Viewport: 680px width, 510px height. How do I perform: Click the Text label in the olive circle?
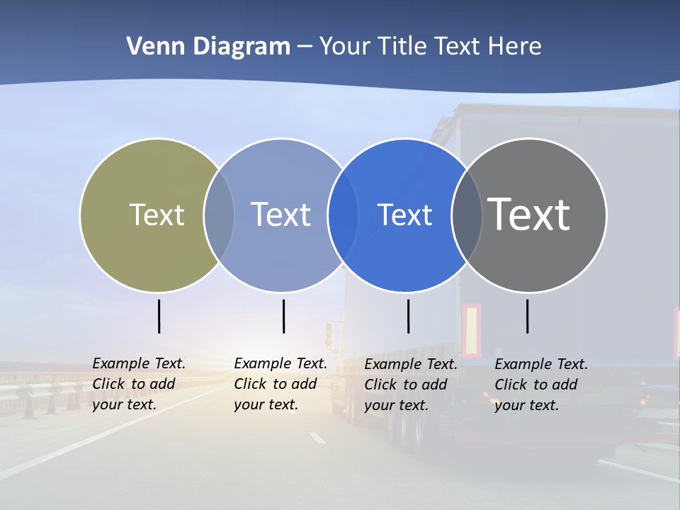point(157,215)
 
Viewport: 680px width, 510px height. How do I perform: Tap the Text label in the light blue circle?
point(281,215)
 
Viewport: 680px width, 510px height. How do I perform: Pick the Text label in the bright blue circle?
point(404,215)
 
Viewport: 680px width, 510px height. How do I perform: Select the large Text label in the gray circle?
point(529,215)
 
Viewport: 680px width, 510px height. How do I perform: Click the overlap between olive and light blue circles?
point(219,215)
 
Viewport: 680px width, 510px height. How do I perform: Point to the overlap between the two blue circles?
point(343,215)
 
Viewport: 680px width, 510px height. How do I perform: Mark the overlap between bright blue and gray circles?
point(467,215)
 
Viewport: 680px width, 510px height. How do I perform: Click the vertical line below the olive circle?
point(159,316)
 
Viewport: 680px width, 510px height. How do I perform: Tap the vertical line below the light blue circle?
point(283,316)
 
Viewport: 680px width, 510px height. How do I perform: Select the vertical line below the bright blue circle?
point(408,316)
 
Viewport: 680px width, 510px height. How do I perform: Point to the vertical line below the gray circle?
point(528,316)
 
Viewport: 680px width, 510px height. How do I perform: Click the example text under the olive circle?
point(139,384)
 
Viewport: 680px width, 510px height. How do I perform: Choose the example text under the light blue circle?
point(280,384)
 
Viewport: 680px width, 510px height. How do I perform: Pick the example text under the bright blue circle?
point(411,385)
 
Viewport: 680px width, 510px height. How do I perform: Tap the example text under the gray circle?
point(541,385)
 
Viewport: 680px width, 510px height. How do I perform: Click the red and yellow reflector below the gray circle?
point(471,330)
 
